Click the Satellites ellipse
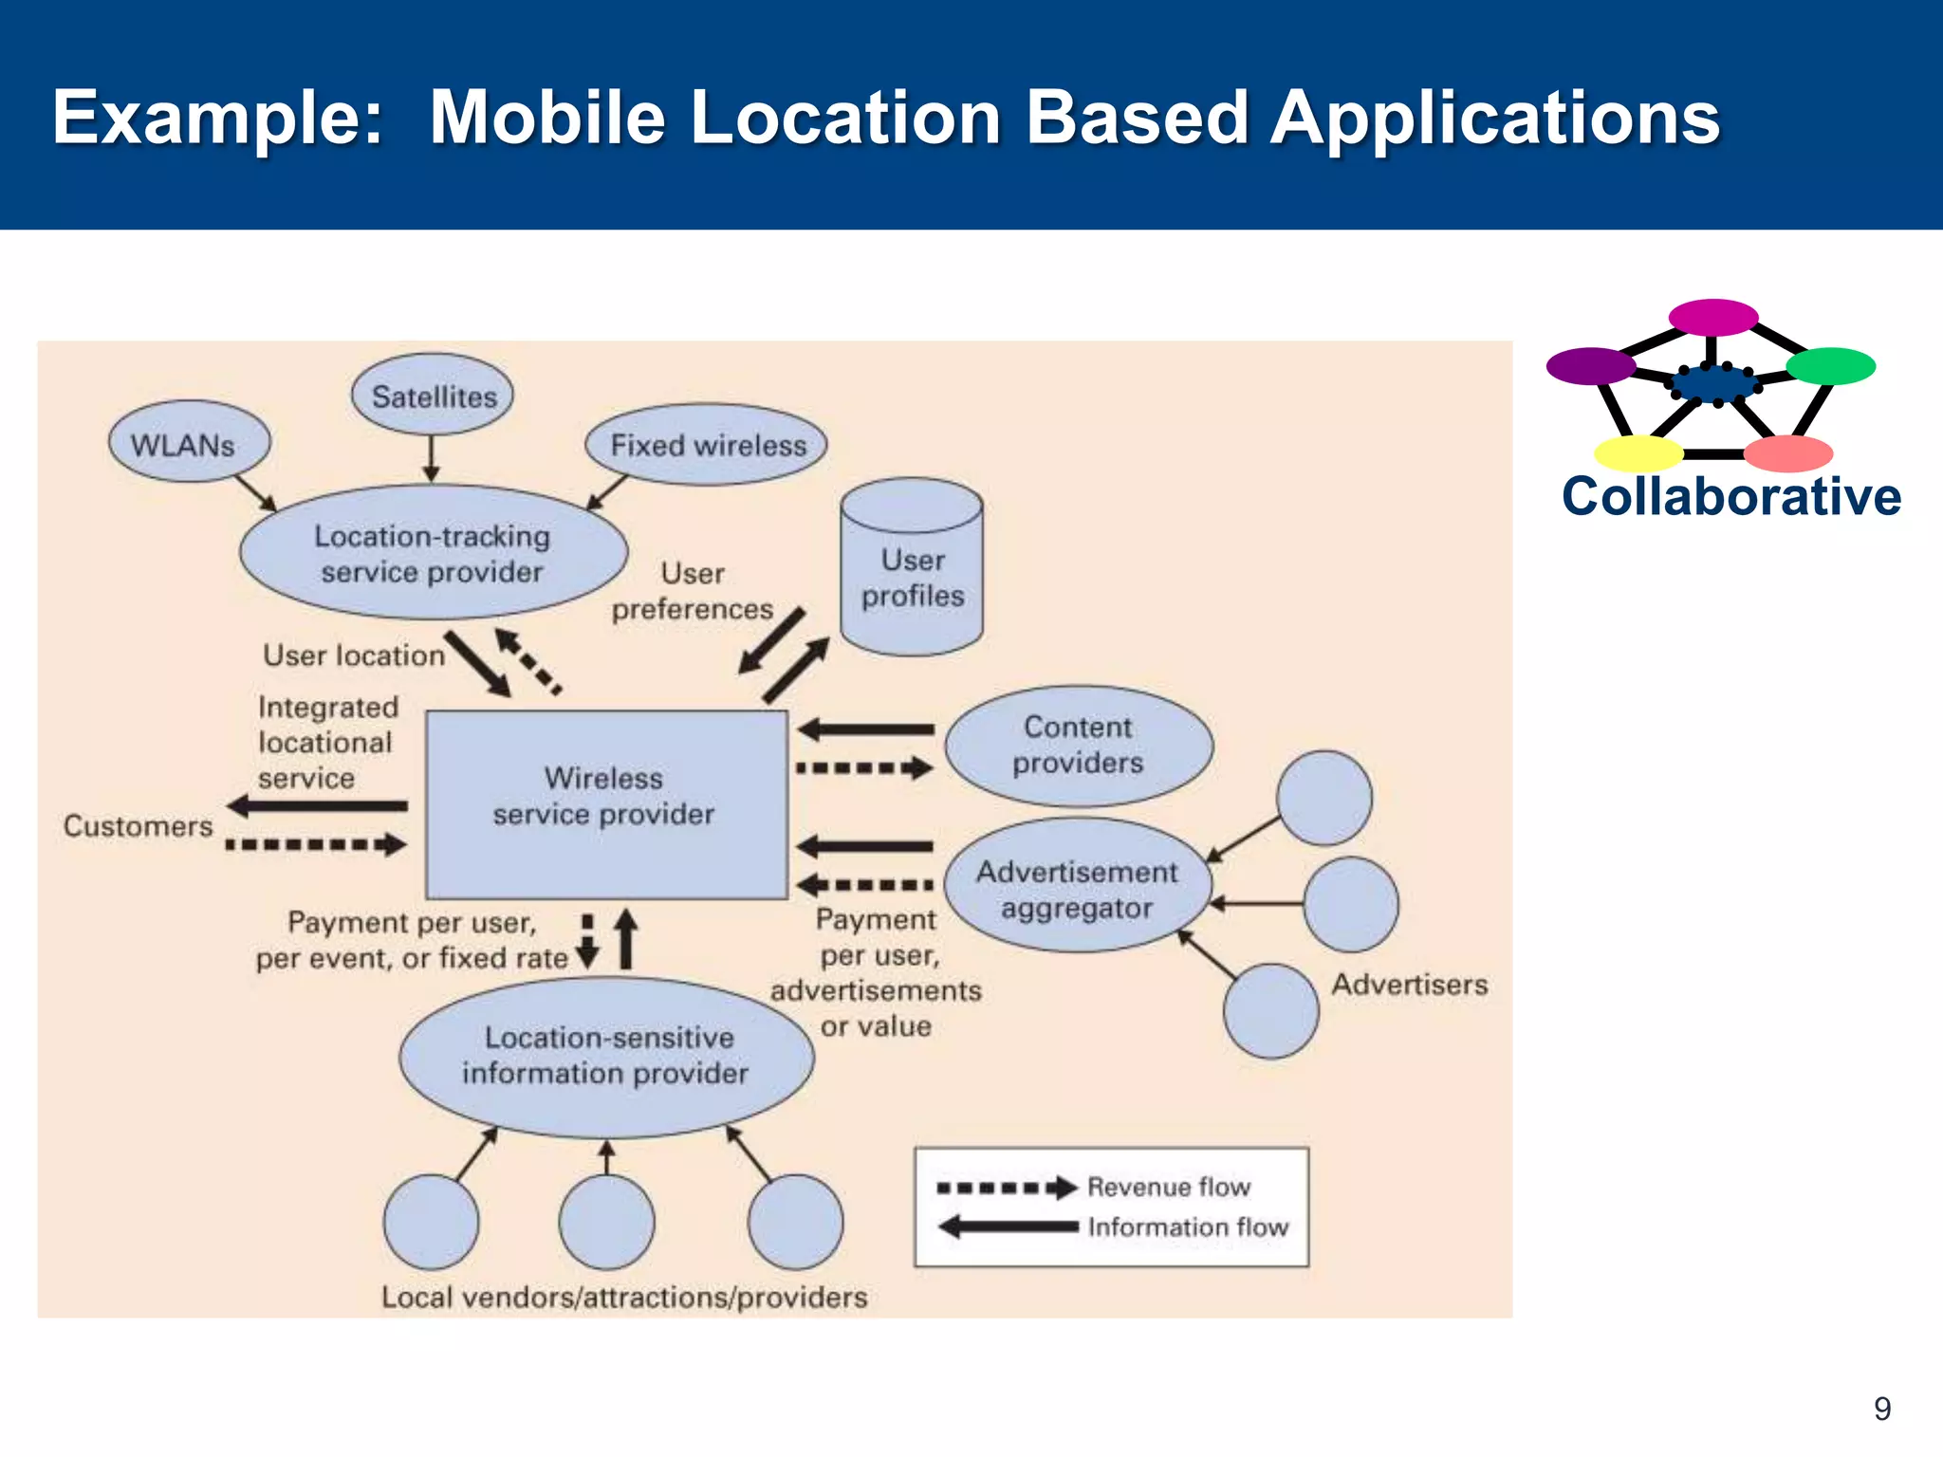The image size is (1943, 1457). point(433,396)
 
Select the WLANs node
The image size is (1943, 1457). point(189,443)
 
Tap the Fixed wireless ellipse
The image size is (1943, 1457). point(707,445)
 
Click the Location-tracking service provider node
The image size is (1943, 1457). point(433,554)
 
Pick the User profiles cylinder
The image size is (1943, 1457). point(912,576)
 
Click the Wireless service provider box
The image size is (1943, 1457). point(606,804)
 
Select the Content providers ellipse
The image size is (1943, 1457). point(1079,746)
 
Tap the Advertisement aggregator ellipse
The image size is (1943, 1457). point(1078,888)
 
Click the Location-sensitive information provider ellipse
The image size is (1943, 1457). point(606,1057)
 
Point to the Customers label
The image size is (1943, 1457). point(138,826)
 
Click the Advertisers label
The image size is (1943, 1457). point(1410,985)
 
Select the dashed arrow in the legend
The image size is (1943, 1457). point(1006,1188)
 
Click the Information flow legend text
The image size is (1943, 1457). point(1188,1227)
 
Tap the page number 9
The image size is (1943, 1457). point(1882,1409)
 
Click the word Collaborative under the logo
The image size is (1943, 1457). point(1731,497)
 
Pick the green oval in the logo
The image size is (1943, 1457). point(1830,366)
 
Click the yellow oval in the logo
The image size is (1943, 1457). point(1638,453)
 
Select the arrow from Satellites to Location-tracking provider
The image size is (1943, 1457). point(432,459)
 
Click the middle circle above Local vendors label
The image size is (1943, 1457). point(607,1222)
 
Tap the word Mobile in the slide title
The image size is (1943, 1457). point(547,118)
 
